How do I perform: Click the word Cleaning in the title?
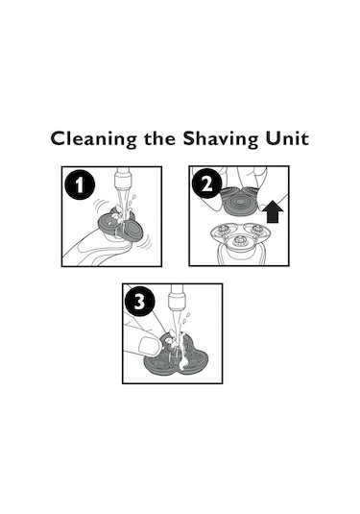(93, 139)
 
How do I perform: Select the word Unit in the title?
(287, 138)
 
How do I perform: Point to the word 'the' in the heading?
(159, 138)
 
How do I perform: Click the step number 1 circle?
(80, 184)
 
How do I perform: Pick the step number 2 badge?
(206, 184)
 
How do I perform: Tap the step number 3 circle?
(140, 301)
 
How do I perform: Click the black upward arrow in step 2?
(273, 211)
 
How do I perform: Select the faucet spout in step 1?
(123, 178)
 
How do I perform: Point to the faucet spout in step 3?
(177, 297)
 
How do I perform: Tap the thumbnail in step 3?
(150, 346)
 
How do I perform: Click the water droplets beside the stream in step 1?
(132, 201)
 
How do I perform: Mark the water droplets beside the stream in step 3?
(186, 319)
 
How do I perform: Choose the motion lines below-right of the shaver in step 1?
(146, 243)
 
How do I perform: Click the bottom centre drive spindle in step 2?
(240, 241)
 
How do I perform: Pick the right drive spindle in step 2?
(256, 229)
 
